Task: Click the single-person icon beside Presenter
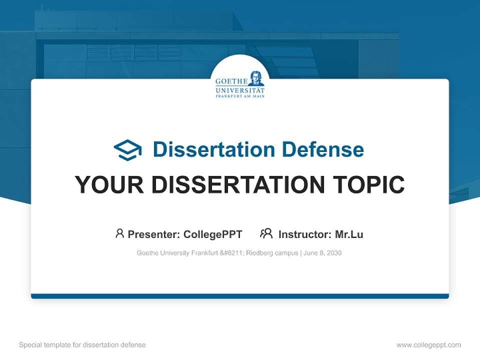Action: click(119, 233)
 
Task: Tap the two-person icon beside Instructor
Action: click(266, 233)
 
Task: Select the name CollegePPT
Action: click(213, 234)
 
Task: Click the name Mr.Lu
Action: click(349, 234)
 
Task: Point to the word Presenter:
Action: click(154, 234)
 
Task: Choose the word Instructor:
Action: click(305, 234)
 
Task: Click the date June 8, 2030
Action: click(322, 253)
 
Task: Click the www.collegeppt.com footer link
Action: click(428, 345)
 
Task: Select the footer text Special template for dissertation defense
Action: click(82, 345)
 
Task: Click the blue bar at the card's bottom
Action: click(240, 296)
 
